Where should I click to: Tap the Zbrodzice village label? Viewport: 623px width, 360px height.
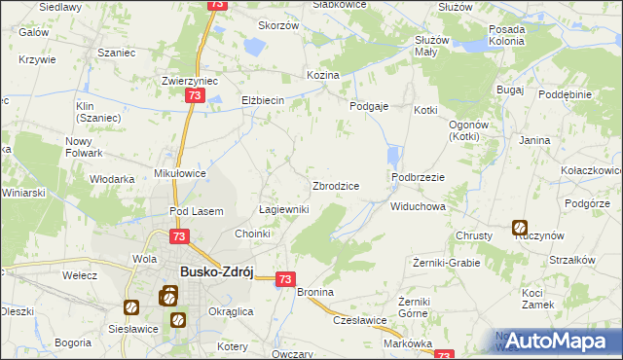336,186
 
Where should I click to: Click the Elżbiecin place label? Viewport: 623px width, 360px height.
262,101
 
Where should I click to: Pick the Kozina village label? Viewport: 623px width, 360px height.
322,75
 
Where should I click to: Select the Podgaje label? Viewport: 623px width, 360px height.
369,106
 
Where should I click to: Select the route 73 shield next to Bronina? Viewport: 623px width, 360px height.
285,279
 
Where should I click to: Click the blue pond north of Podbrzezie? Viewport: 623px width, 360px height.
393,157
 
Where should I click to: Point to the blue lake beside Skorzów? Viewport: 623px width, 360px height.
255,46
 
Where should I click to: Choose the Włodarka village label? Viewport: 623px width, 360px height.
112,179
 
